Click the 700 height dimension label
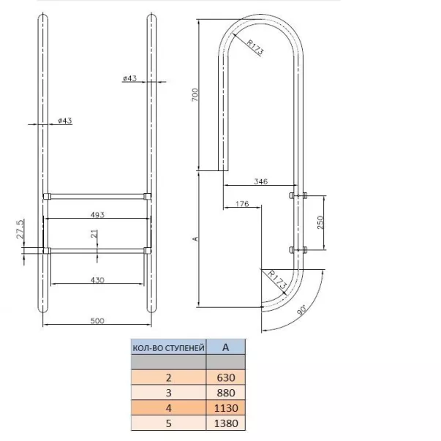pyautogui.click(x=195, y=95)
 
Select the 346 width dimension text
pyautogui.click(x=260, y=181)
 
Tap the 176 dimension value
pyautogui.click(x=242, y=203)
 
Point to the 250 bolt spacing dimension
pyautogui.click(x=320, y=222)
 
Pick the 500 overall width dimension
pyautogui.click(x=97, y=320)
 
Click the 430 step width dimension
pyautogui.click(x=97, y=280)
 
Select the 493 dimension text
pyautogui.click(x=97, y=215)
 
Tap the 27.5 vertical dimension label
pyautogui.click(x=20, y=229)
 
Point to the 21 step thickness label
pyautogui.click(x=95, y=234)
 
